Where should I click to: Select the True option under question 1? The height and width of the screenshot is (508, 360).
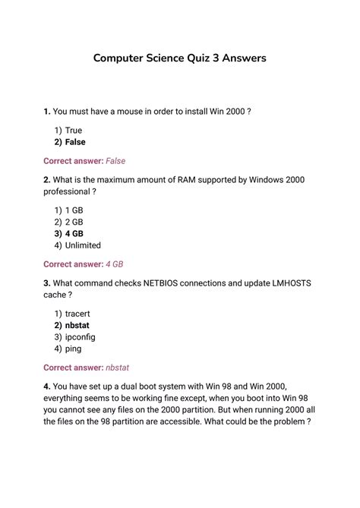tap(74, 131)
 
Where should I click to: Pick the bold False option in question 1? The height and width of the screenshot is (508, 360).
tap(75, 142)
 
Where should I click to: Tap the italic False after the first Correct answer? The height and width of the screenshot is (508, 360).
tap(115, 161)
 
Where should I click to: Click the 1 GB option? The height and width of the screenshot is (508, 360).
tap(74, 210)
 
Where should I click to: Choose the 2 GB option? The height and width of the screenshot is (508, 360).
tap(74, 222)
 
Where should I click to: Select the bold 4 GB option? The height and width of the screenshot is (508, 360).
tap(74, 234)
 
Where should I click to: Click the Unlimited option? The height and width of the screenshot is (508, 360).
tap(83, 245)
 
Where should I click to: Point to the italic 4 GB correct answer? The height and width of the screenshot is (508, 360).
tap(114, 264)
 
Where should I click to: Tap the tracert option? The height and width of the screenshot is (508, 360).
tap(77, 314)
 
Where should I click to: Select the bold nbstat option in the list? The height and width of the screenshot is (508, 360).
tap(78, 325)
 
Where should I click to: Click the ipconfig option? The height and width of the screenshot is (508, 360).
tap(81, 336)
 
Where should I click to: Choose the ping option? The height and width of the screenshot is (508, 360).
tap(74, 349)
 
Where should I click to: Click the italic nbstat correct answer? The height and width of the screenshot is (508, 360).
tap(118, 368)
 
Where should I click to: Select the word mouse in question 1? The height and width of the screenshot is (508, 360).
tap(133, 112)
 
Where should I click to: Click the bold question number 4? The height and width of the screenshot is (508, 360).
tap(47, 386)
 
